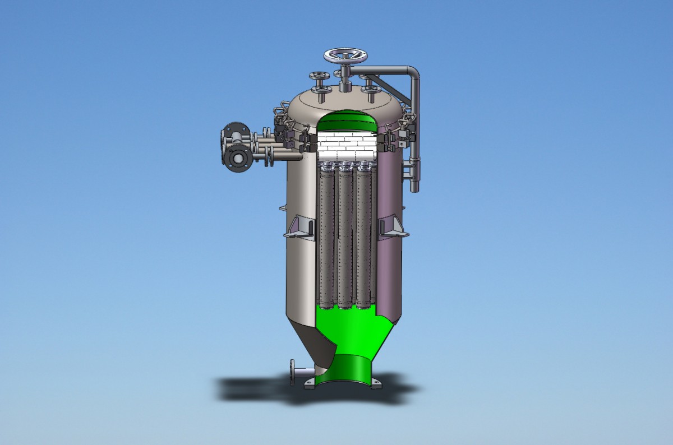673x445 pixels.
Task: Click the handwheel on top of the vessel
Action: tap(345, 56)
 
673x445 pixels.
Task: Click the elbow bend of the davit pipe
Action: tap(413, 73)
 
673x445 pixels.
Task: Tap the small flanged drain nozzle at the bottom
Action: tap(293, 372)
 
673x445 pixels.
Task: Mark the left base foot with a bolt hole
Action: tap(310, 384)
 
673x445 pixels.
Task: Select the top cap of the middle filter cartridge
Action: tap(345, 166)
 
